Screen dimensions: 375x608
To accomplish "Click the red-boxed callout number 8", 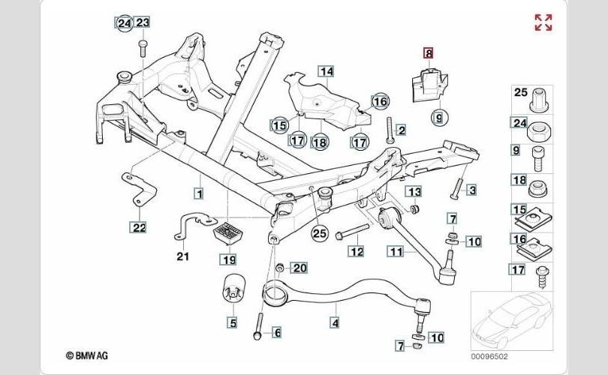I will coord(428,52).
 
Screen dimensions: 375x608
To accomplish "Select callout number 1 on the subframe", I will coord(199,193).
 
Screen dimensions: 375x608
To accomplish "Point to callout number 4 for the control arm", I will coord(335,323).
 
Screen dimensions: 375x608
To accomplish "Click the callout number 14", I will coord(325,72).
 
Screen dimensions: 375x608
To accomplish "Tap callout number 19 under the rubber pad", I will coord(227,259).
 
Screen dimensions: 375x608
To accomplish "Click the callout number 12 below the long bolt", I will coord(356,251).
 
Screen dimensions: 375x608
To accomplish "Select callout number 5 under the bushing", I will coord(233,323).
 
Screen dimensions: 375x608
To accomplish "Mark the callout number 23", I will coord(143,22).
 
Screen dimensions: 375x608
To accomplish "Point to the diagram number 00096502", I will coord(489,358).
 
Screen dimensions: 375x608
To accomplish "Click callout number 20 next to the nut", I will coord(299,268).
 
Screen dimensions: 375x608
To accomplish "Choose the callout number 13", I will coord(414,191).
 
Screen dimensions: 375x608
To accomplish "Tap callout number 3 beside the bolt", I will coord(471,190).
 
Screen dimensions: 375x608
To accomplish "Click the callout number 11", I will coord(396,252).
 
